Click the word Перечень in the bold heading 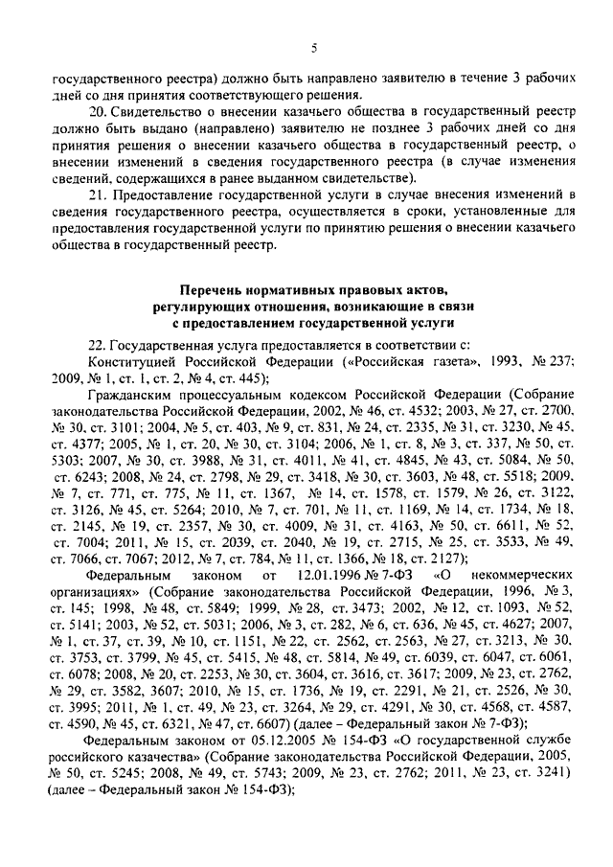[x=211, y=289]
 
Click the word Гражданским [x=134, y=395]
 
